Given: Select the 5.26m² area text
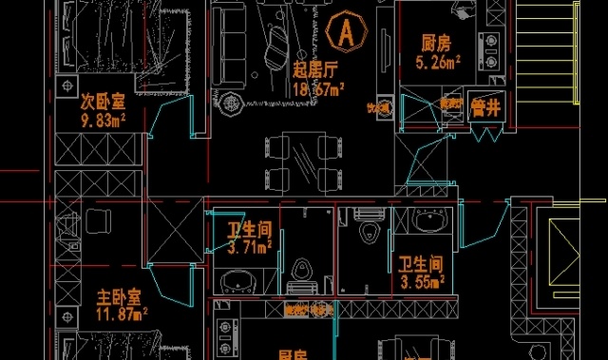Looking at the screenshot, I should (438, 63).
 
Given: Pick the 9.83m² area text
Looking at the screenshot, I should (104, 121).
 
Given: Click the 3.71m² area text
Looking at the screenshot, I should (250, 249).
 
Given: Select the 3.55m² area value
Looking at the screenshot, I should (422, 282).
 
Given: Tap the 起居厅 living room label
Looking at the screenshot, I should (316, 70).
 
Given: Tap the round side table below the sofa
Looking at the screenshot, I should (228, 103).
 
